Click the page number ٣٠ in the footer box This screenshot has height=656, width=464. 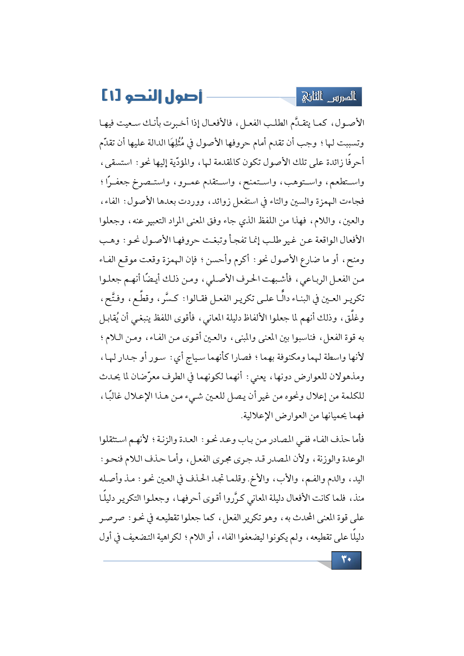346,560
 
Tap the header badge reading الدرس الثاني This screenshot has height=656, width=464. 329,97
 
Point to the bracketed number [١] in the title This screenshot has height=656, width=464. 111,96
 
